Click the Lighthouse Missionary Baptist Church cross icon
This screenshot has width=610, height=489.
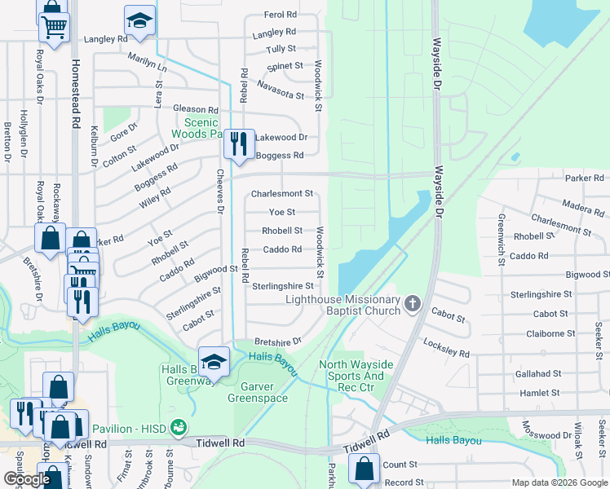coord(413,306)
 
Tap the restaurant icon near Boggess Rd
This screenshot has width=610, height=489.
coord(239,144)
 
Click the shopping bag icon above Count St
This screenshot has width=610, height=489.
coord(364,469)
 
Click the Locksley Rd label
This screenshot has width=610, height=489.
coord(445,348)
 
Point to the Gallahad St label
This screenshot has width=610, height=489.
coord(537,372)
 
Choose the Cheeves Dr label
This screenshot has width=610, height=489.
coord(219,191)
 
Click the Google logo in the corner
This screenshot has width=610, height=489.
coord(26,479)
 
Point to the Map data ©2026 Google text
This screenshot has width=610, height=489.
coord(559,482)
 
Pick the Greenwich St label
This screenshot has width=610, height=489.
coord(500,231)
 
